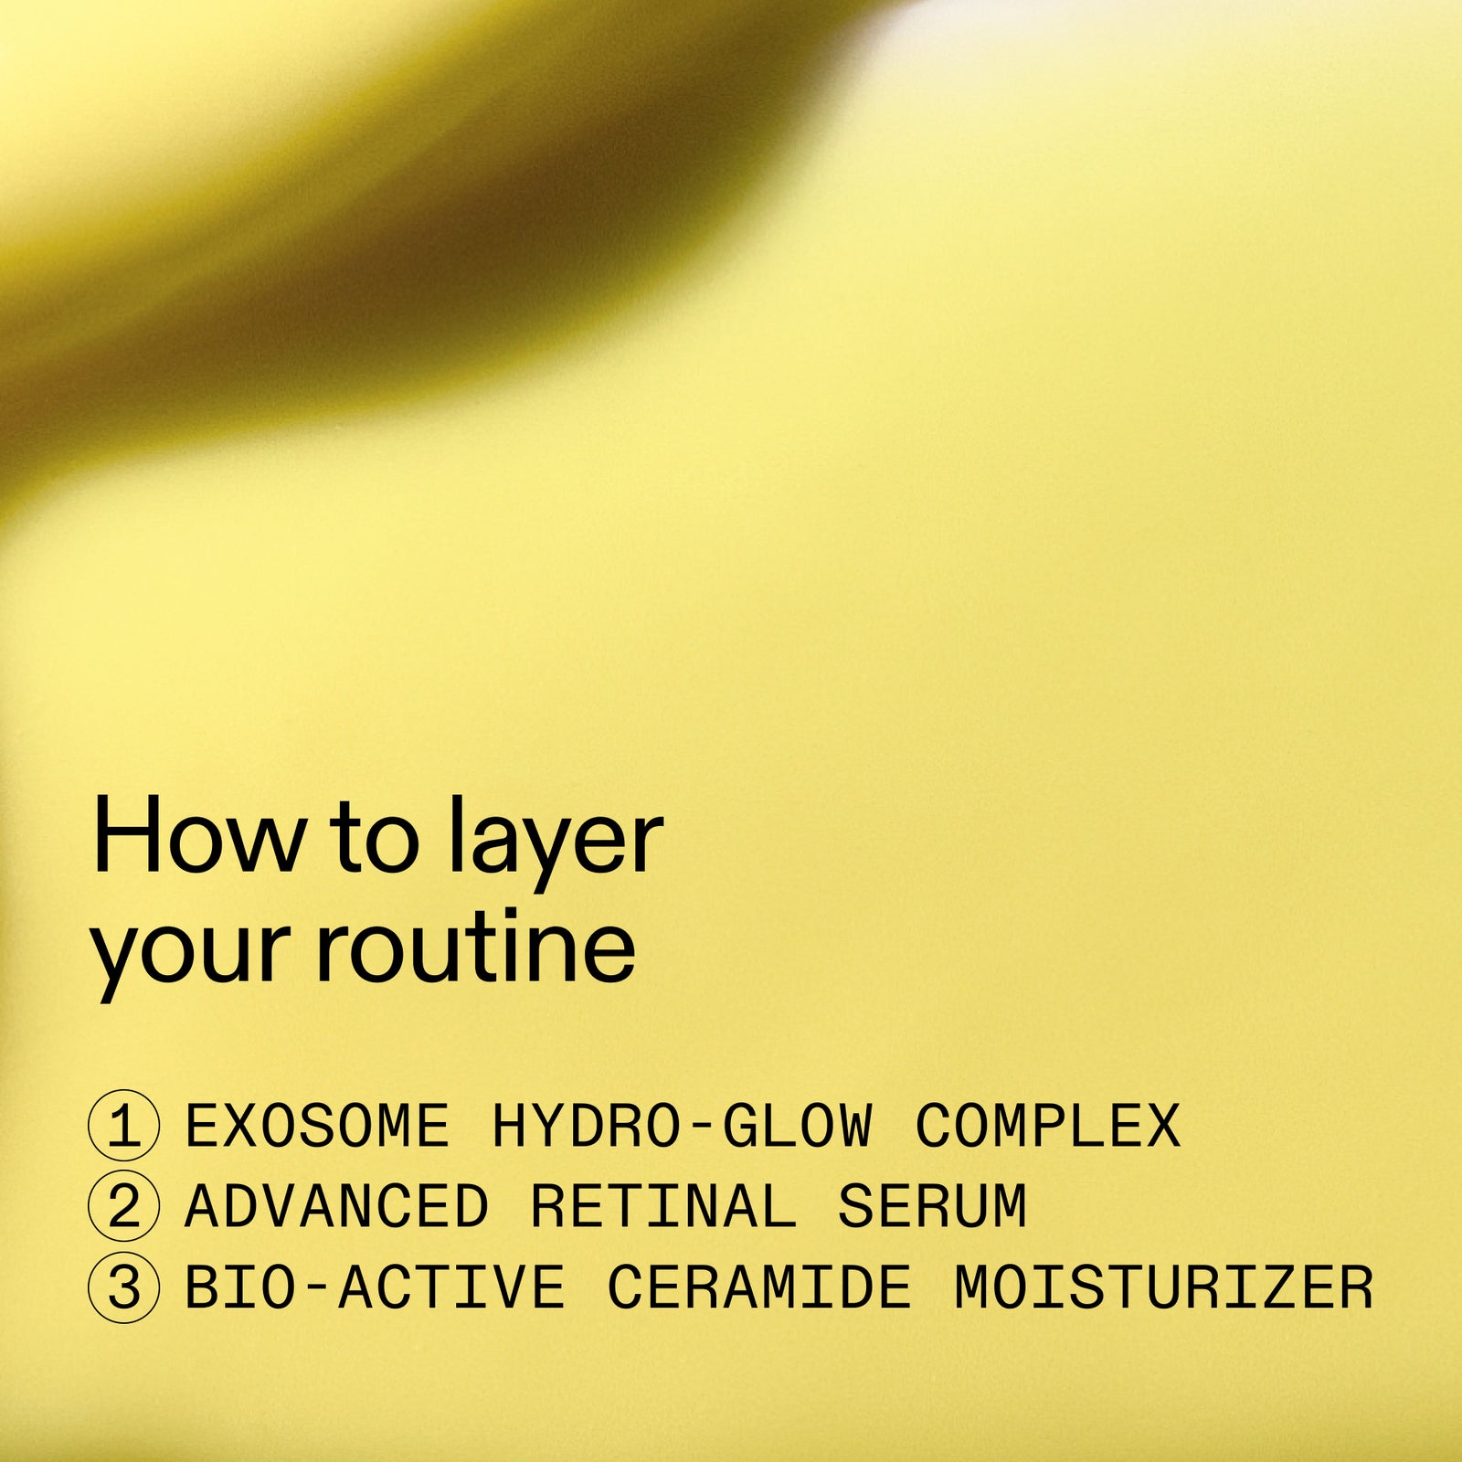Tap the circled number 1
[124, 1126]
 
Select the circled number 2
[124, 1206]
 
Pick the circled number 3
[124, 1287]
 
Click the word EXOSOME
[317, 1126]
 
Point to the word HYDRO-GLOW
[682, 1126]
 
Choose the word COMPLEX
[1048, 1126]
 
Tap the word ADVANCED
[336, 1206]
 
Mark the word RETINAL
[663, 1206]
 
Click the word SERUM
[932, 1206]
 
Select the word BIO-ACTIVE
[375, 1287]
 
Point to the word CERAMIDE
[759, 1287]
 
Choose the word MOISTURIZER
[1163, 1287]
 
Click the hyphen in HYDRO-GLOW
[701, 1126]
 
